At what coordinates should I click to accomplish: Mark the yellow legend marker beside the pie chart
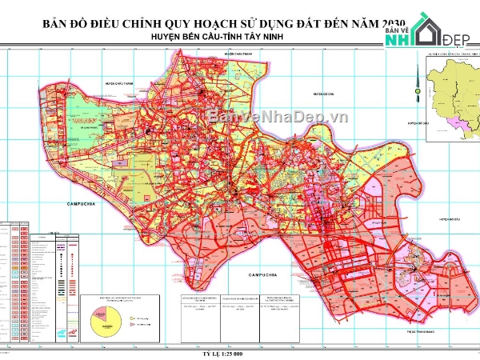(130, 318)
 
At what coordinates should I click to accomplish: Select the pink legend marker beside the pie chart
(130, 324)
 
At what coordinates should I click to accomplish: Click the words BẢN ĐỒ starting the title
(64, 24)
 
